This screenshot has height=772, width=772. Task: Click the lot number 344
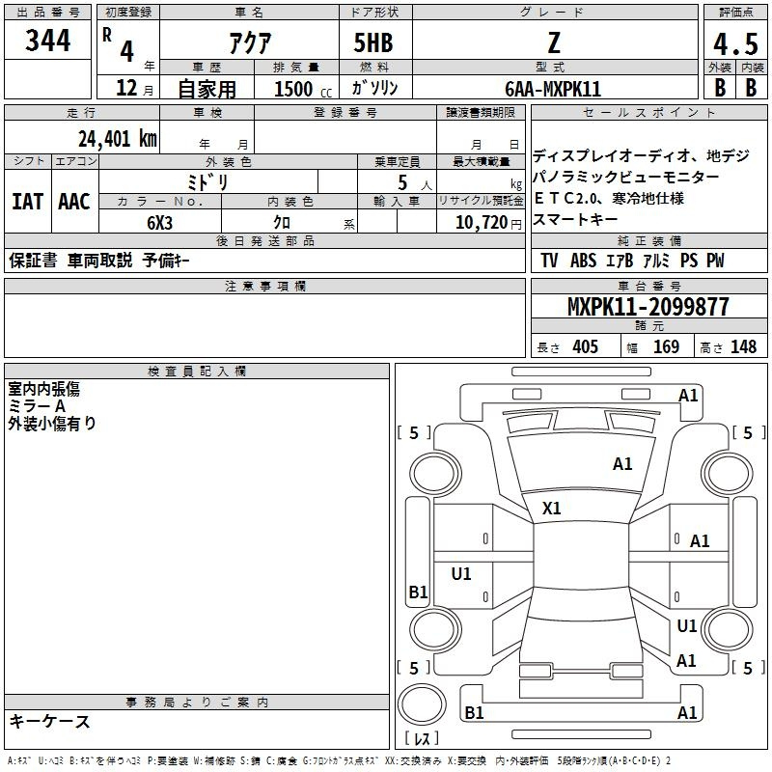tap(47, 41)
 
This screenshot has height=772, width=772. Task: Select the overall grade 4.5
tap(735, 43)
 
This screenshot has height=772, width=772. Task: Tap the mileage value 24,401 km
tap(117, 139)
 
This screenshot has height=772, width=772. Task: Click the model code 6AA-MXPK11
tap(553, 89)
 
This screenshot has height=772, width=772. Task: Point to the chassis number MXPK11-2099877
tap(648, 306)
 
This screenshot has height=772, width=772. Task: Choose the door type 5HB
tap(373, 42)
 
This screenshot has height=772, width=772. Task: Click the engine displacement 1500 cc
tap(302, 89)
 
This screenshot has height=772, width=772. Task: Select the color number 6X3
tap(159, 223)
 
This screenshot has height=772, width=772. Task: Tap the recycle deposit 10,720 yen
tap(488, 223)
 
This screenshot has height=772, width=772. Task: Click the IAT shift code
tap(28, 202)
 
